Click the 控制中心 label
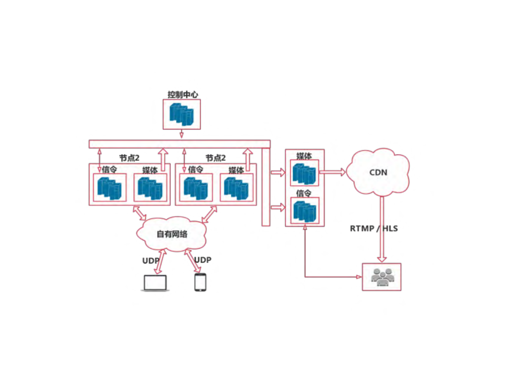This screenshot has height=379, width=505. tap(183, 95)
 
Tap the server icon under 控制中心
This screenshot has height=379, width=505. tap(182, 114)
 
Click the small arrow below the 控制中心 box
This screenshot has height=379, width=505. tap(181, 134)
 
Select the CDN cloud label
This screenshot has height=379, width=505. tap(378, 173)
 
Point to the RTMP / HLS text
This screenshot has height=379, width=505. tap(373, 228)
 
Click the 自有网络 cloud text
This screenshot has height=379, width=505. tap(172, 234)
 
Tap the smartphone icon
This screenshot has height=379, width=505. tap(200, 282)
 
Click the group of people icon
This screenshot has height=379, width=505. tap(382, 277)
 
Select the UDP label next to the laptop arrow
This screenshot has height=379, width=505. tap(151, 261)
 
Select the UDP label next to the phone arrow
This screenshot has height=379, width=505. tap(203, 260)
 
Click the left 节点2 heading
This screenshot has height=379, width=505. tap(129, 158)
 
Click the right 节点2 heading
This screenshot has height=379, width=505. tap(216, 158)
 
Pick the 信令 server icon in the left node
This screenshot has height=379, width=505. tap(109, 188)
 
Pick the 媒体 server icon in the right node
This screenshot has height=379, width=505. tap(236, 188)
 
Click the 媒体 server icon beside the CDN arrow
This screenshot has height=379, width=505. tap(304, 174)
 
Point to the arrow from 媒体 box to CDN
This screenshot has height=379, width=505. tap(332, 172)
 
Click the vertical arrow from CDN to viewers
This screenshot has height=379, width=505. tap(382, 229)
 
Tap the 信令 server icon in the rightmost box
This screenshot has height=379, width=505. tap(304, 211)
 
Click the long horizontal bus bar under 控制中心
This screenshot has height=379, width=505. tap(179, 144)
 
